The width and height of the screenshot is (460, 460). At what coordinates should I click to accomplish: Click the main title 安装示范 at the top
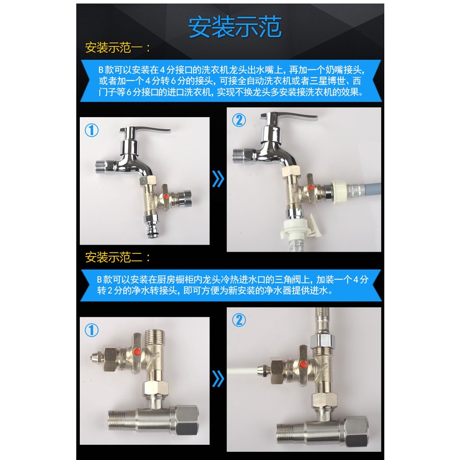click(235, 27)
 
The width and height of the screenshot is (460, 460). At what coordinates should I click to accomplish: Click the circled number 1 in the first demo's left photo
click(91, 130)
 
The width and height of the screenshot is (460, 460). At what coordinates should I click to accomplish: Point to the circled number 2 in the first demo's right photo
click(239, 120)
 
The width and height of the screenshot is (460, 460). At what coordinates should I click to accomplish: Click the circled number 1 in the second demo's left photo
click(91, 330)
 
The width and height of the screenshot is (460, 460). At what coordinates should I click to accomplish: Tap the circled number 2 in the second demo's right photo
click(239, 320)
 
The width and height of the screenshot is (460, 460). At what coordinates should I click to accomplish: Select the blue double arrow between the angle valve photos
click(218, 378)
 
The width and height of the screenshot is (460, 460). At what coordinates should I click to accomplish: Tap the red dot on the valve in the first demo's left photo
click(166, 196)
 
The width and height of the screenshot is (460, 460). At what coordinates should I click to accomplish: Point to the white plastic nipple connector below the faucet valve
click(296, 229)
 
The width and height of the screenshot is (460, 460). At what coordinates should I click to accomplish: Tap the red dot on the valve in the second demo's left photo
click(136, 351)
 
